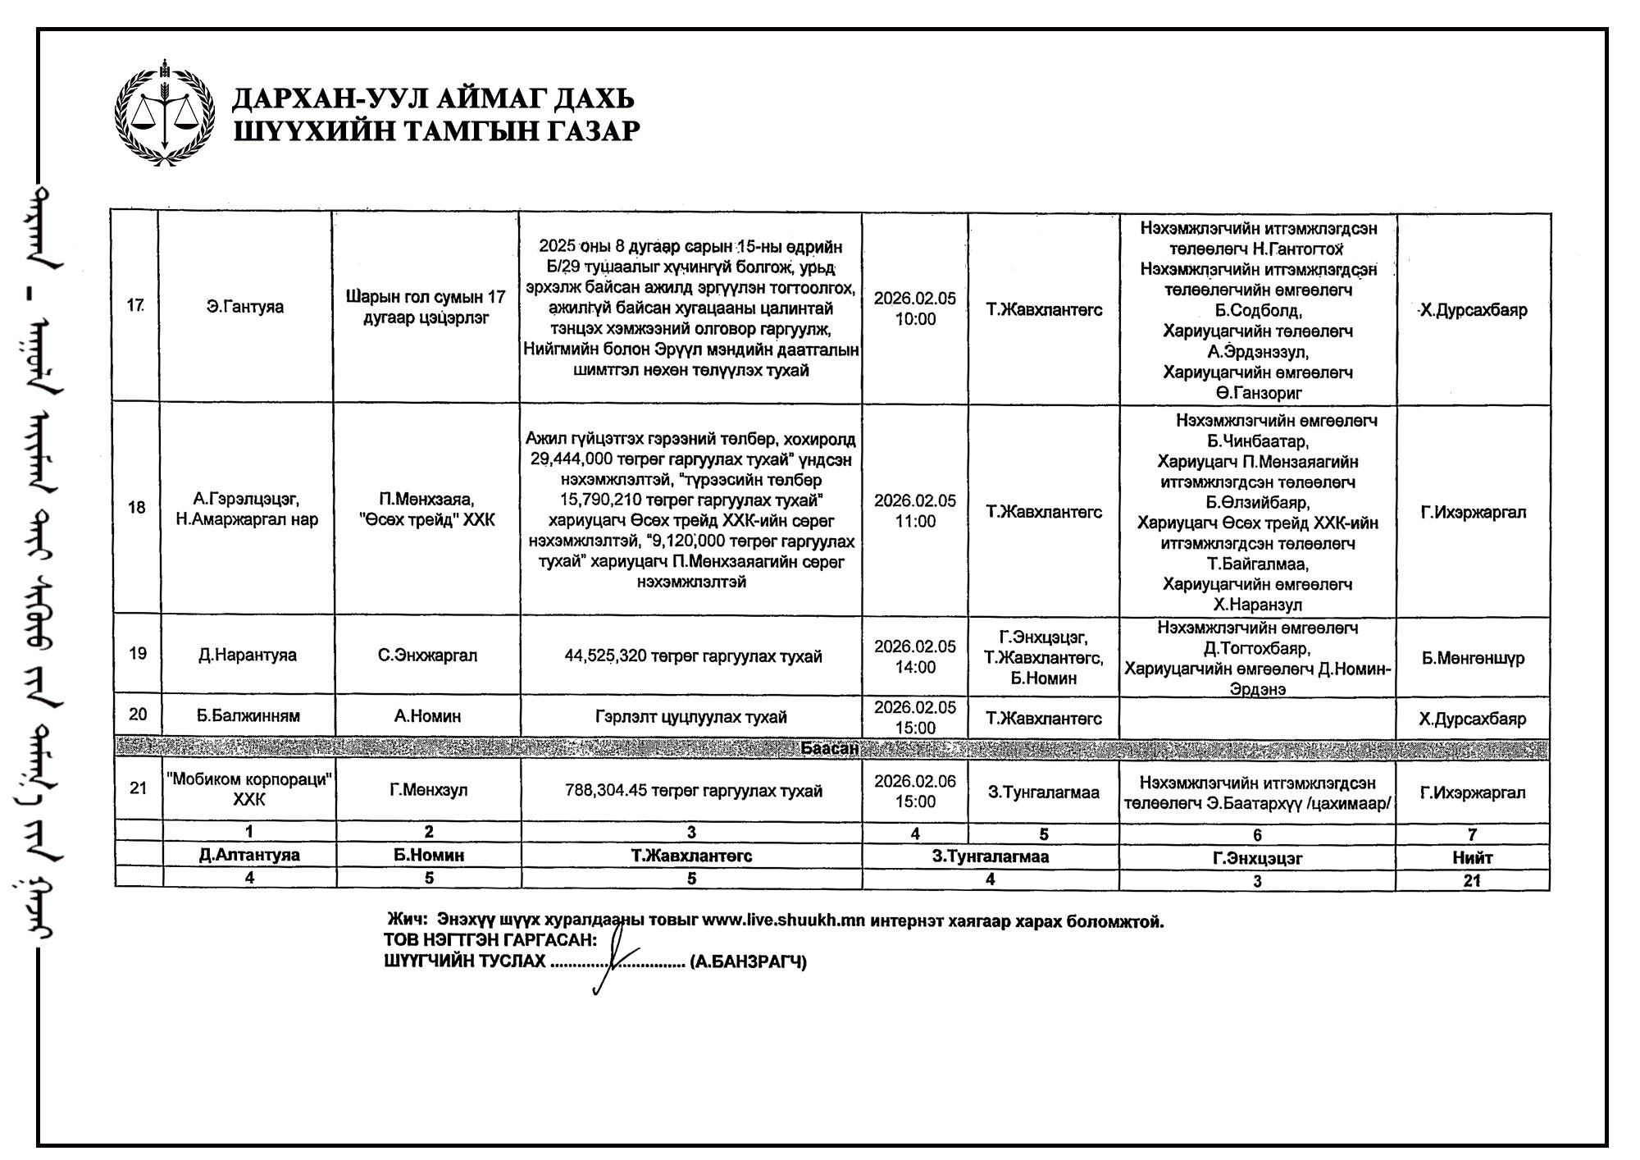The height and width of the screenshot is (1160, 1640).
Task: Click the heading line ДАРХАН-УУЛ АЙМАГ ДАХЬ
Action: tap(433, 99)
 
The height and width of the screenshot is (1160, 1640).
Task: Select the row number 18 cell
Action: tap(137, 508)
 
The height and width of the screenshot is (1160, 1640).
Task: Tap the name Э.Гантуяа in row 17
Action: tap(245, 308)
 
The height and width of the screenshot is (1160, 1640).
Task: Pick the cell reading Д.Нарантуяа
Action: tap(247, 655)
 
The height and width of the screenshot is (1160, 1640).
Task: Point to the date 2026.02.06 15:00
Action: tap(915, 792)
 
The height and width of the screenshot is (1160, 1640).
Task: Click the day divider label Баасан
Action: tap(830, 748)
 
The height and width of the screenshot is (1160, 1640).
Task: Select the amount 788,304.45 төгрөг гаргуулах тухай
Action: tap(693, 792)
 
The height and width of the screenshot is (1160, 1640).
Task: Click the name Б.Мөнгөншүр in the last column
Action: tap(1473, 658)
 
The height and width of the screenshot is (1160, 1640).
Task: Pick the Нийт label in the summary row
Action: tap(1473, 857)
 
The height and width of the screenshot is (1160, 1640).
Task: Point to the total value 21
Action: tap(1473, 880)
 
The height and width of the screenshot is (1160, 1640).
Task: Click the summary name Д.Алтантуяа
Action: tap(249, 855)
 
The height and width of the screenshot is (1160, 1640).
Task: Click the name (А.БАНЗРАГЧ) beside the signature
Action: tap(749, 961)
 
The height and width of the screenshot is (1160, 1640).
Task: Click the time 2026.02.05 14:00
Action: tap(915, 657)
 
